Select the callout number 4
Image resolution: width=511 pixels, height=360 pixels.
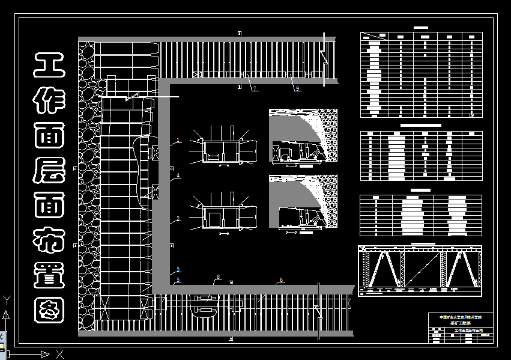178,175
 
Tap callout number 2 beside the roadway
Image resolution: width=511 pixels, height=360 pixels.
178,218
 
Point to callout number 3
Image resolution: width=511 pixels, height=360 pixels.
178,270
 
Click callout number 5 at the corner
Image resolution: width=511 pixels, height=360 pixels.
178,280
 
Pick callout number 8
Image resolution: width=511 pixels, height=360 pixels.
218,277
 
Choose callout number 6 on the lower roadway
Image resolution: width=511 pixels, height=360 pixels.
280,280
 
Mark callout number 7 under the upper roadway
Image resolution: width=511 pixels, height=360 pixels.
255,88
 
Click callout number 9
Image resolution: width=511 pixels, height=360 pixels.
297,88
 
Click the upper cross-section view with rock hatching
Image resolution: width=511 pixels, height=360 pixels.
303,137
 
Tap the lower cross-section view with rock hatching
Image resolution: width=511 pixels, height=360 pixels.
303,203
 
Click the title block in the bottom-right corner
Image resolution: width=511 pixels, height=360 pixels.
462,328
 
